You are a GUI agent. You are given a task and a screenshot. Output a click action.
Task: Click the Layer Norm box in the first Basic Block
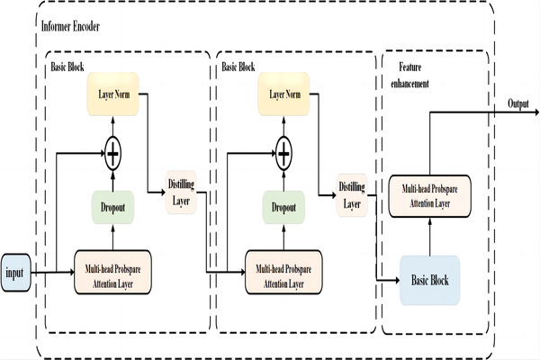click(x=112, y=93)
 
